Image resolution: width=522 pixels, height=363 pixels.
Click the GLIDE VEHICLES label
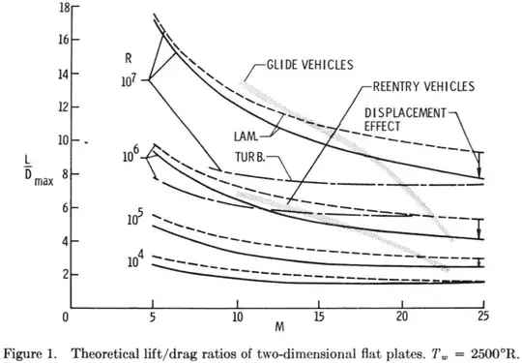[309, 65]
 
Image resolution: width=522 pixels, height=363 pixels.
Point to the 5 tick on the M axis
[153, 315]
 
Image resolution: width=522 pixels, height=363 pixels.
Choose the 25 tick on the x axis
[483, 315]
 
